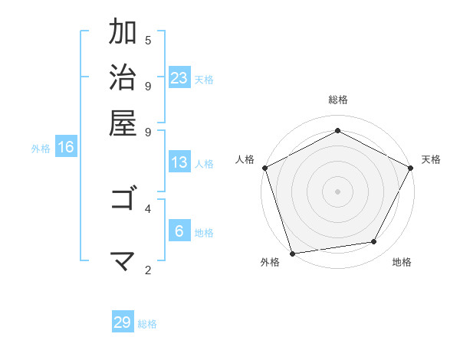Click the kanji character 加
(x=123, y=33)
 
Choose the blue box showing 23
(x=179, y=77)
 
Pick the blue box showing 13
(x=179, y=162)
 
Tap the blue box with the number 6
(x=179, y=231)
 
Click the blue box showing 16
(x=66, y=147)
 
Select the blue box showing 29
(x=123, y=322)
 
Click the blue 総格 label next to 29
(x=147, y=324)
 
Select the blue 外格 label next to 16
(x=41, y=149)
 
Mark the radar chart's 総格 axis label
(x=337, y=100)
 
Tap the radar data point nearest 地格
(x=374, y=242)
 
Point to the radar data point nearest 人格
(x=264, y=167)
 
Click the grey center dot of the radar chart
(x=337, y=191)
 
